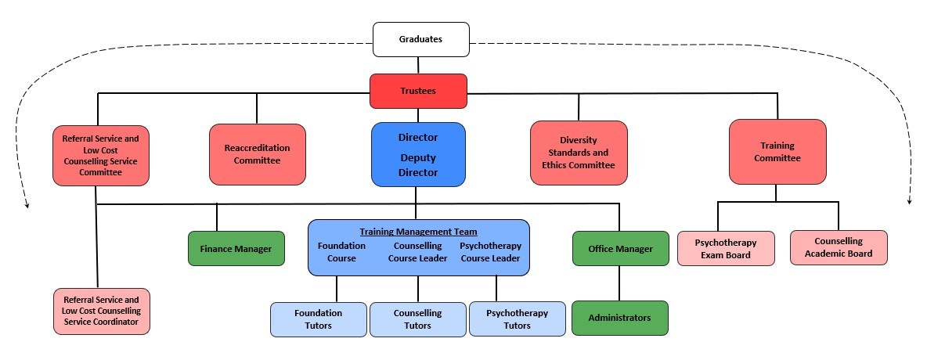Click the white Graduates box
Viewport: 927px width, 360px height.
tap(420, 39)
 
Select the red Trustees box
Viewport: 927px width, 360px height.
tap(418, 91)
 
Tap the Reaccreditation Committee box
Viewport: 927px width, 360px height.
tap(257, 154)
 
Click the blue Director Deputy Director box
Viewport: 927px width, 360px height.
tap(418, 154)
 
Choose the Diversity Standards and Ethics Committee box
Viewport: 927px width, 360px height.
tap(579, 153)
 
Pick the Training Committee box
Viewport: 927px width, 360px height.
tap(777, 152)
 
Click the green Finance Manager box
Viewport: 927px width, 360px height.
tap(236, 249)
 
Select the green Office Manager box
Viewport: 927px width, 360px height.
tap(620, 249)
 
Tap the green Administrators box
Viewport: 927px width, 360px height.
tap(619, 318)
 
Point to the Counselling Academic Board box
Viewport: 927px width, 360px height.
tap(839, 247)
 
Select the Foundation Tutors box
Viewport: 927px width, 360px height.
tap(318, 319)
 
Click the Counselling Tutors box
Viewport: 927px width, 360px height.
tap(417, 319)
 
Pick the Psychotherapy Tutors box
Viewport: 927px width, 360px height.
tap(517, 319)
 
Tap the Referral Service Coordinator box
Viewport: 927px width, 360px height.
tap(101, 311)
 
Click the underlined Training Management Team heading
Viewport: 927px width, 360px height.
tap(418, 232)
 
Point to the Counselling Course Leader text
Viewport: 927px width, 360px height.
tap(417, 252)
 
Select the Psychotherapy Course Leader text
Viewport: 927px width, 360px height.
tap(490, 252)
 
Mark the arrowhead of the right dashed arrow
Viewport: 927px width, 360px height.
tap(909, 201)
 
